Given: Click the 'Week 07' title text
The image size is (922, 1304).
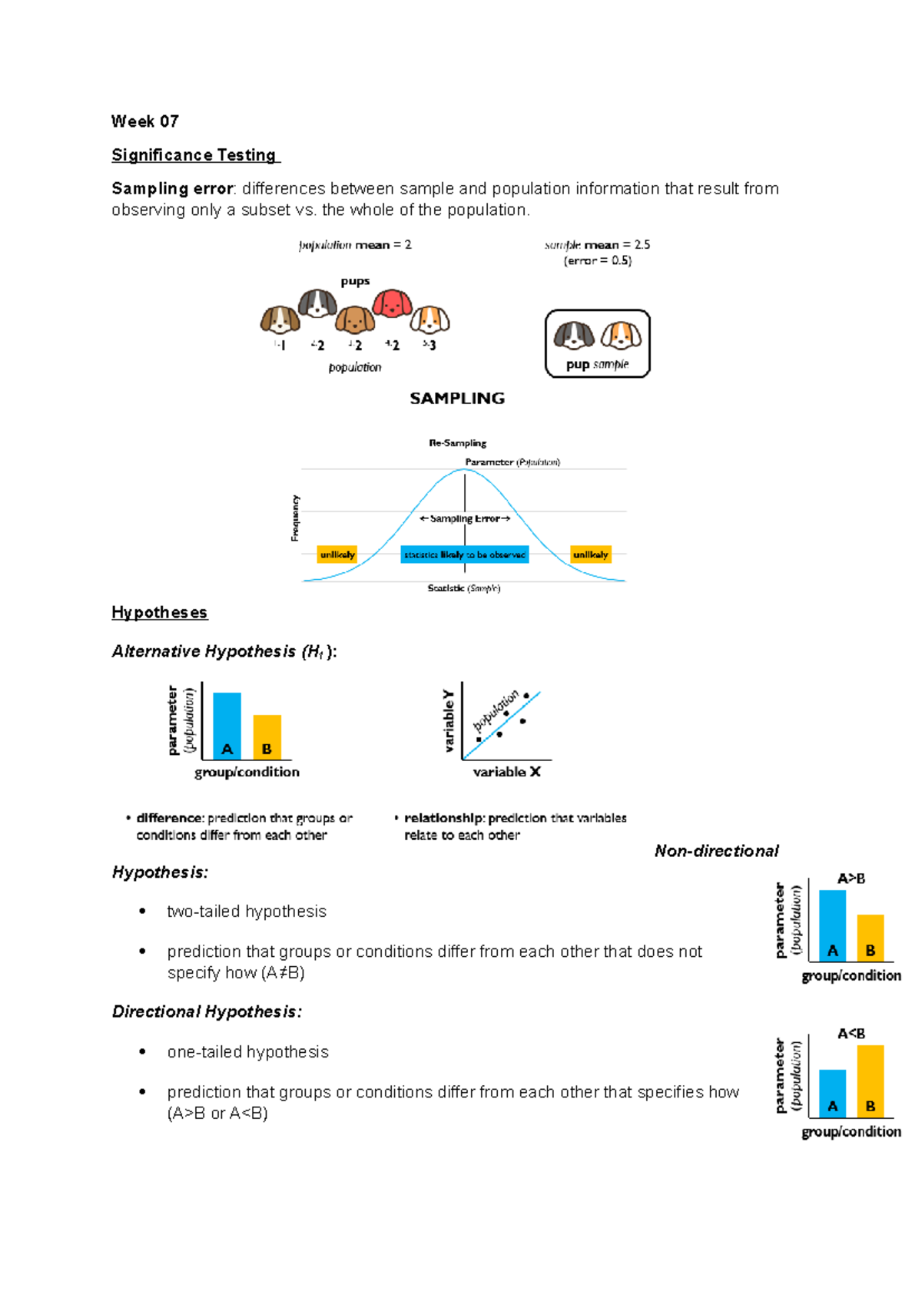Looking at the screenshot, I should pyautogui.click(x=144, y=121).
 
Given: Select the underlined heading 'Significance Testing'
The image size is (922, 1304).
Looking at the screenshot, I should pyautogui.click(x=194, y=155).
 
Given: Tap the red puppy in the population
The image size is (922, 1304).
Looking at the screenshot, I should pyautogui.click(x=392, y=304).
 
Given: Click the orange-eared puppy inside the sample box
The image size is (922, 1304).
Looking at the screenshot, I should pyautogui.click(x=621, y=336).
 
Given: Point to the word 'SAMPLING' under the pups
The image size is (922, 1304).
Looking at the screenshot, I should pyautogui.click(x=457, y=399).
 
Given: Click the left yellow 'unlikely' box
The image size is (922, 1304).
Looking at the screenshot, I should pyautogui.click(x=337, y=554).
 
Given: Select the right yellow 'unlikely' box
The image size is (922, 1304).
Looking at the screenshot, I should pyautogui.click(x=590, y=554).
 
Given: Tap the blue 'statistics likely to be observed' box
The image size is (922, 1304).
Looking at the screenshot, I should pyautogui.click(x=464, y=554).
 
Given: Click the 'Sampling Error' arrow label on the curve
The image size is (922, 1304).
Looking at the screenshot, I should pyautogui.click(x=465, y=519).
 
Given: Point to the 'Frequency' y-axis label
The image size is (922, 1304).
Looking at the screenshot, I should pyautogui.click(x=295, y=518).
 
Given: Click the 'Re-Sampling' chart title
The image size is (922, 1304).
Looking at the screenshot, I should pyautogui.click(x=457, y=443).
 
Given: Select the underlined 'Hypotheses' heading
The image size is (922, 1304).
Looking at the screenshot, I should pyautogui.click(x=159, y=613).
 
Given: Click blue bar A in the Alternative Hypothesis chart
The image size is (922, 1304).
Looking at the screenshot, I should pyautogui.click(x=227, y=726).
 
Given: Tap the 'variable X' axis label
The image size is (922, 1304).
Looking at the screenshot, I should pyautogui.click(x=506, y=772).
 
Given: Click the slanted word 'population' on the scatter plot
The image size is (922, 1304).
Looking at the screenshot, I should pyautogui.click(x=496, y=711).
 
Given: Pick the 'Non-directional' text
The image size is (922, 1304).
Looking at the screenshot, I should pyautogui.click(x=716, y=851).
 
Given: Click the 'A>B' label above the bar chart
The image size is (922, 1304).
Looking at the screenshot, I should pyautogui.click(x=851, y=879).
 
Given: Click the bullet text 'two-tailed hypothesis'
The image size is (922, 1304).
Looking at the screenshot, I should pyautogui.click(x=247, y=912).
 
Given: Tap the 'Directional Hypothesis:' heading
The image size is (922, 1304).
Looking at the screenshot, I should pyautogui.click(x=207, y=1011).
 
